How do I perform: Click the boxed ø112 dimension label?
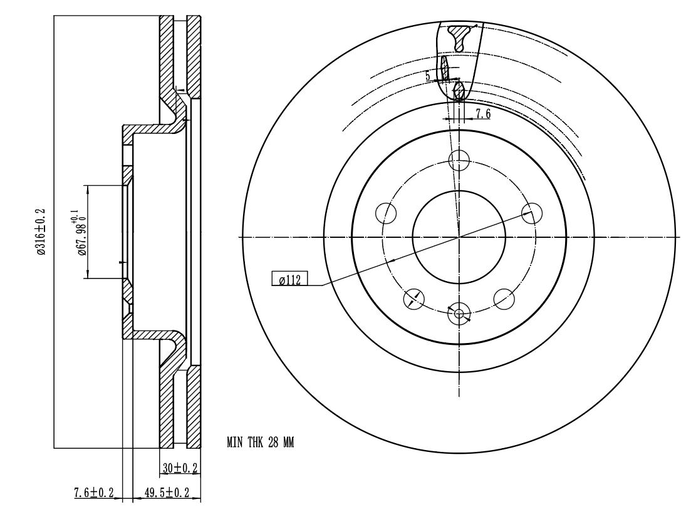pyautogui.click(x=289, y=279)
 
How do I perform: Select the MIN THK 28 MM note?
pyautogui.click(x=260, y=442)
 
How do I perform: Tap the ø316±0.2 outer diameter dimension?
pyautogui.click(x=41, y=232)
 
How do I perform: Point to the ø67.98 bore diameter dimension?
pyautogui.click(x=80, y=232)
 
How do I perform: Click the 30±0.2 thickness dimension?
pyautogui.click(x=180, y=468)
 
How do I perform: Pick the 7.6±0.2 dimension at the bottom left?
pyautogui.click(x=94, y=493)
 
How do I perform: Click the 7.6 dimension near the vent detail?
pyautogui.click(x=482, y=113)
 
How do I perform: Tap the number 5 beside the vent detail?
pyautogui.click(x=427, y=76)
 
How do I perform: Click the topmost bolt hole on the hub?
pyautogui.click(x=459, y=160)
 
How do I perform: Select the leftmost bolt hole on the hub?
pyautogui.click(x=386, y=213)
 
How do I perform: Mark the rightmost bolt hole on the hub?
pyautogui.click(x=531, y=213)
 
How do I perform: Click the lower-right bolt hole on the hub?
pyautogui.click(x=504, y=299)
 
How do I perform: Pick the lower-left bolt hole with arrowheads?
pyautogui.click(x=414, y=299)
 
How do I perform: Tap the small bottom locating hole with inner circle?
pyautogui.click(x=459, y=314)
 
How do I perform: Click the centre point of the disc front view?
pyautogui.click(x=459, y=237)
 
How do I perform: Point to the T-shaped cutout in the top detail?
pyautogui.click(x=461, y=38)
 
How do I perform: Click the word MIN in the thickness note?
pyautogui.click(x=235, y=442)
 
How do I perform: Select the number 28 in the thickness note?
pyautogui.click(x=273, y=442)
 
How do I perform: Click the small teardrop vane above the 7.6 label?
pyautogui.click(x=459, y=91)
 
